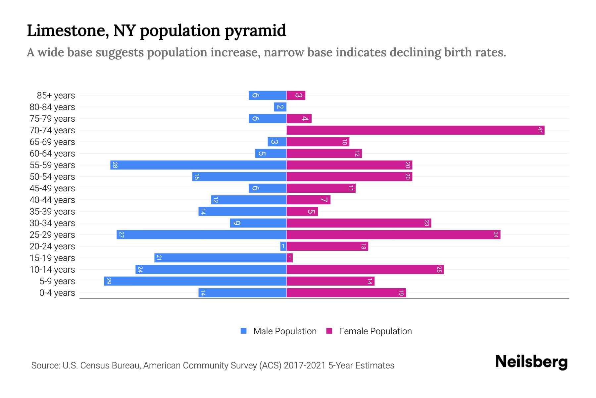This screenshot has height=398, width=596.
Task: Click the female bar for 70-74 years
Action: [x=415, y=130]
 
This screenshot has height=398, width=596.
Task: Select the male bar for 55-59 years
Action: [x=198, y=165]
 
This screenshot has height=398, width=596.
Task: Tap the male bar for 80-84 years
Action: [x=280, y=107]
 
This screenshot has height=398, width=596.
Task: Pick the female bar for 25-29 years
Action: [x=393, y=235]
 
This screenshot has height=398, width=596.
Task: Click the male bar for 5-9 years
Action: [x=195, y=281]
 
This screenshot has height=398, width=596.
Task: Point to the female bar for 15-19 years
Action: [x=290, y=258]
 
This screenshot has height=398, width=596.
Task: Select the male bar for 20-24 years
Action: [x=283, y=246]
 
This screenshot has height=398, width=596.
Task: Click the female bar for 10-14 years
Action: [x=365, y=270]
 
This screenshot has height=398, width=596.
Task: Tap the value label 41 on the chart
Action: [x=540, y=130]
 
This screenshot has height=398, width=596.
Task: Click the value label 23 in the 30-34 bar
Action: [x=426, y=223]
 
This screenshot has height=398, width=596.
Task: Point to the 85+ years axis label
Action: [x=56, y=96]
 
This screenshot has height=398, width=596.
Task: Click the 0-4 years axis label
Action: [x=57, y=293]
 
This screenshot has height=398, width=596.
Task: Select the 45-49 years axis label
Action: [x=52, y=188]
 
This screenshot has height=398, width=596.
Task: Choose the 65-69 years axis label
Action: [x=52, y=142]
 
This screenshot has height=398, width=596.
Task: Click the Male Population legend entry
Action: [x=285, y=331]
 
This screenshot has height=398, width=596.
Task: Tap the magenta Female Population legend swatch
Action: [x=329, y=331]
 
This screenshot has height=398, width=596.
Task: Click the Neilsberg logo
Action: [x=531, y=362]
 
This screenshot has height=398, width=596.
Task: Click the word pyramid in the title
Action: [x=255, y=31]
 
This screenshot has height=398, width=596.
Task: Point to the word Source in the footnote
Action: [x=45, y=365]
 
